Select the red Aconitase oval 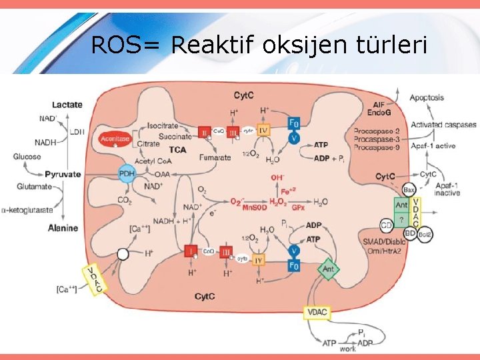(113, 139)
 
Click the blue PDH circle (127, 173)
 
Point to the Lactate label (67, 104)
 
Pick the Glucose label (27, 157)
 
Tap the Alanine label (63, 228)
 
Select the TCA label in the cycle (178, 149)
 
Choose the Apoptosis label (427, 97)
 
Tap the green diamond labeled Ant (327, 269)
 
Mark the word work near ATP (347, 349)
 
